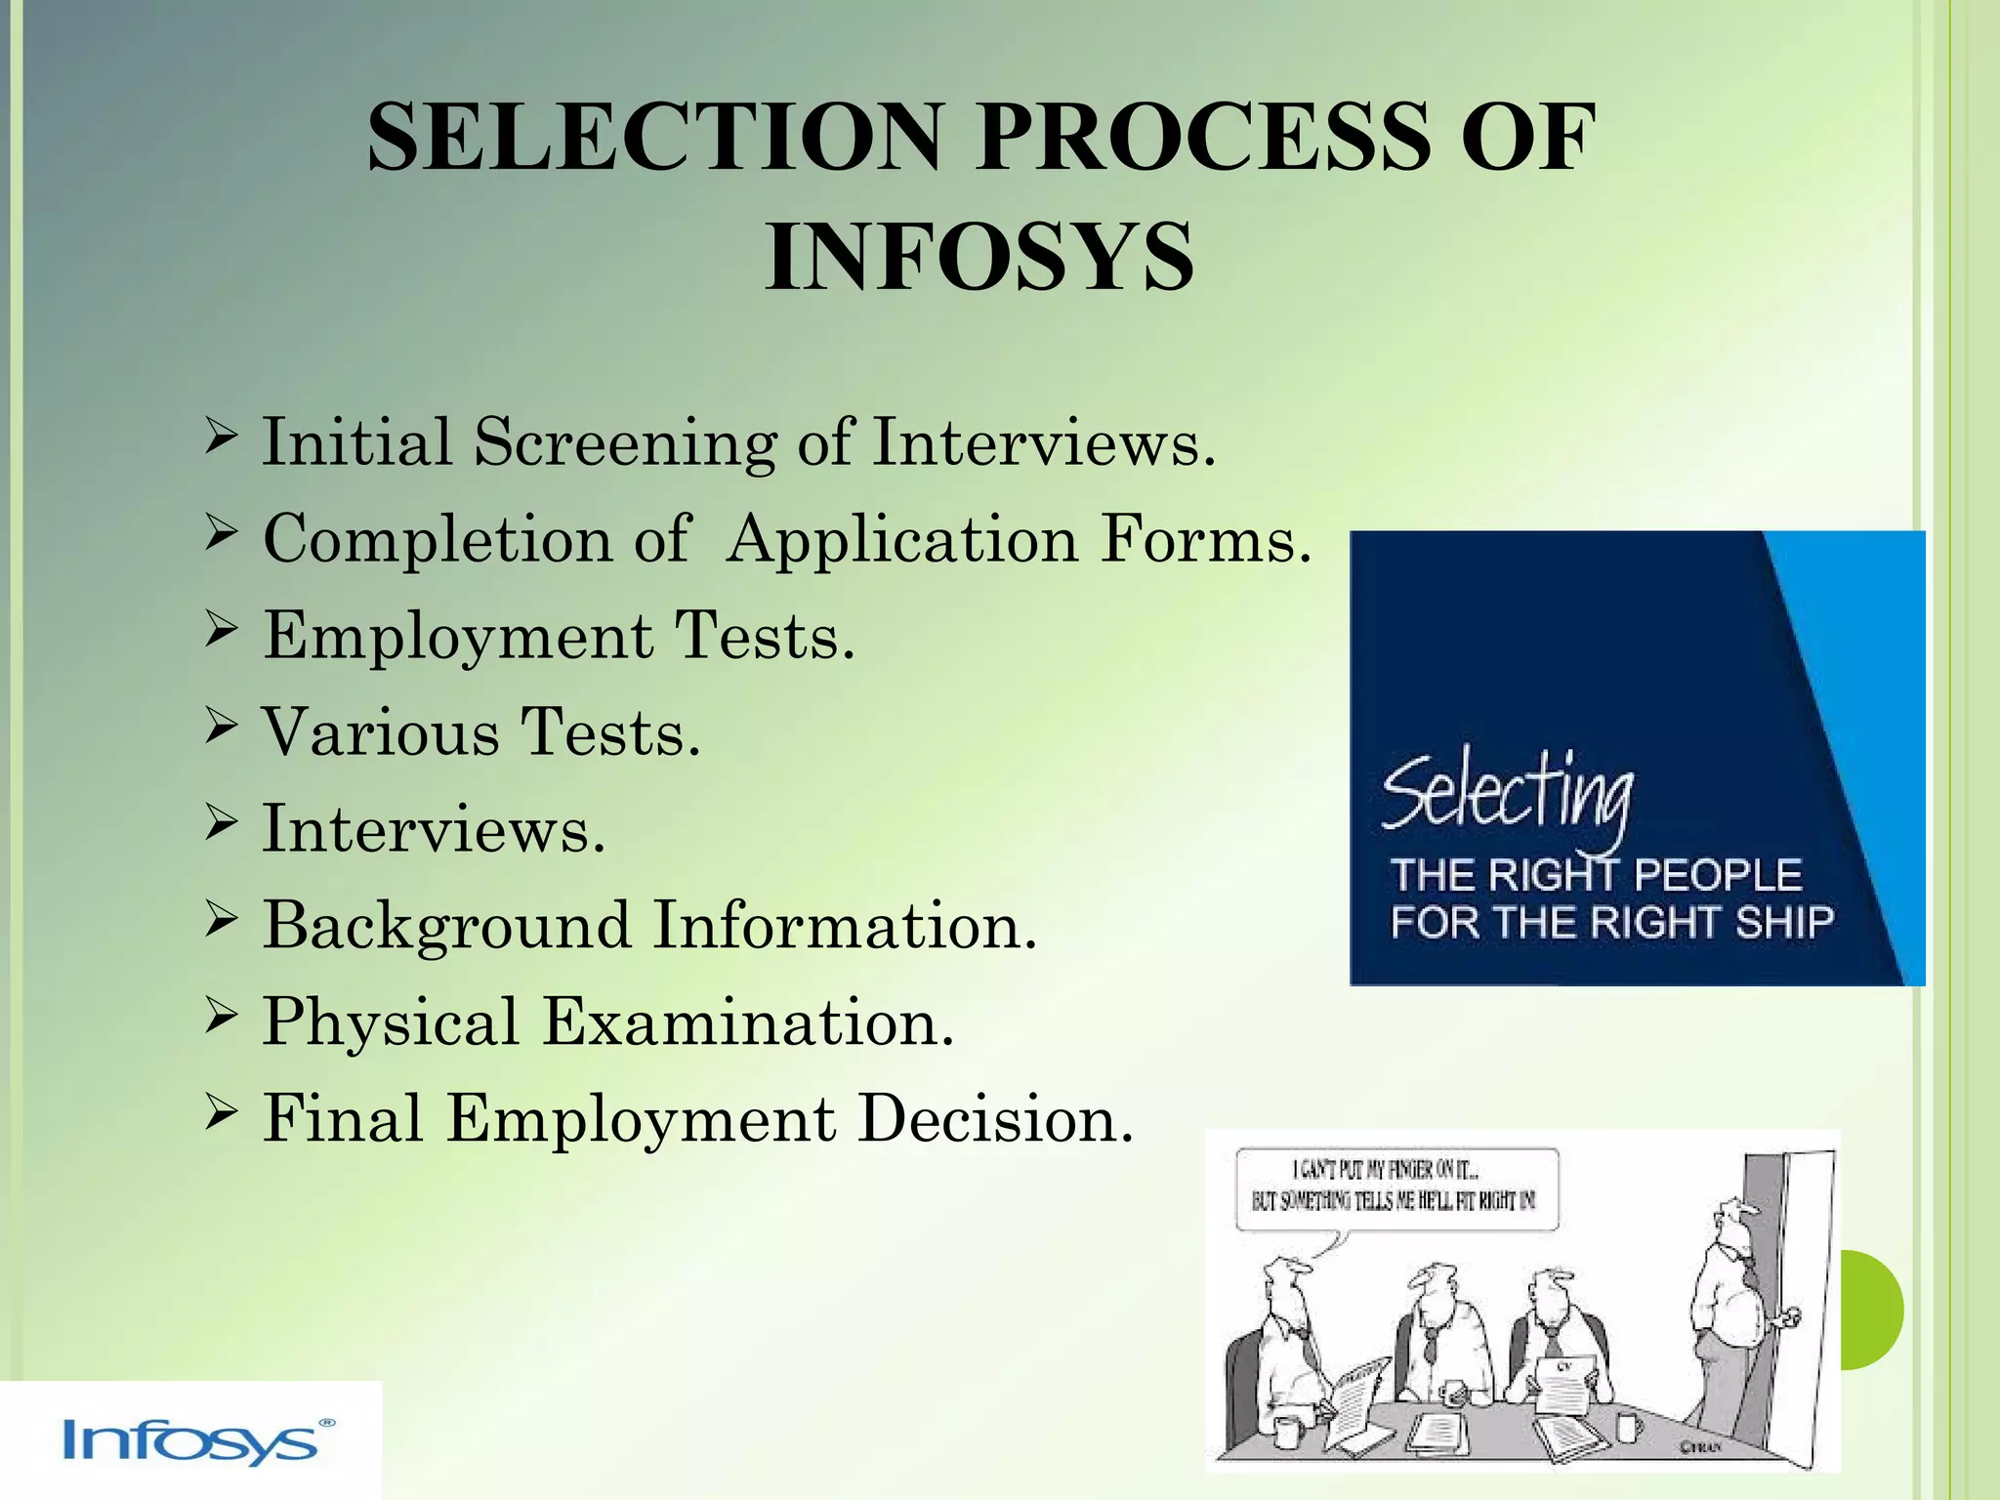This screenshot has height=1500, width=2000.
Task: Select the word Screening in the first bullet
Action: [x=625, y=442]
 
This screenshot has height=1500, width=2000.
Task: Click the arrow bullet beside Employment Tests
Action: [x=222, y=632]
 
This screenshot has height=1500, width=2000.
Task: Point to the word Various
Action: [x=381, y=732]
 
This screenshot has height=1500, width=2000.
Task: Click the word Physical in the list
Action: [x=391, y=1022]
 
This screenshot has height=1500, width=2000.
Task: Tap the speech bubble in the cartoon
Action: [x=1396, y=1189]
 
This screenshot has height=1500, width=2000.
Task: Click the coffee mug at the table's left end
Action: [x=1287, y=1432]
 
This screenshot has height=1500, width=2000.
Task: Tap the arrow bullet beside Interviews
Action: [x=222, y=825]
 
